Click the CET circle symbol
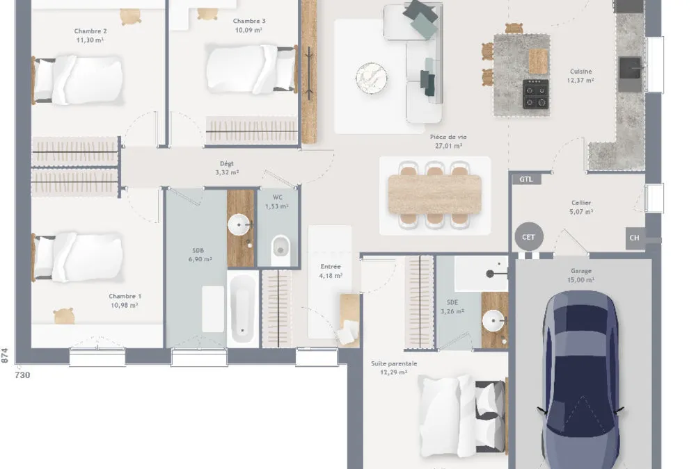tap(529, 237)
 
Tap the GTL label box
tap(526, 179)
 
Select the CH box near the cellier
tap(635, 238)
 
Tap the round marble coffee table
tap(372, 79)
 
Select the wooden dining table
tap(434, 195)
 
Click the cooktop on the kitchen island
tap(536, 94)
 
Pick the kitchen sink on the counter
tap(630, 68)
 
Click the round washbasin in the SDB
tap(239, 224)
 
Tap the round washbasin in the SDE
tap(493, 320)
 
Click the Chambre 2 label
tap(90, 31)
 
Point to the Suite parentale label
tap(394, 363)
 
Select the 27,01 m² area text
tap(448, 146)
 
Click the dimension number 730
tap(23, 375)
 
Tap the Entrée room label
tap(331, 266)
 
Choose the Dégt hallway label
tap(227, 163)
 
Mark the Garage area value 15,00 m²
tap(581, 280)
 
